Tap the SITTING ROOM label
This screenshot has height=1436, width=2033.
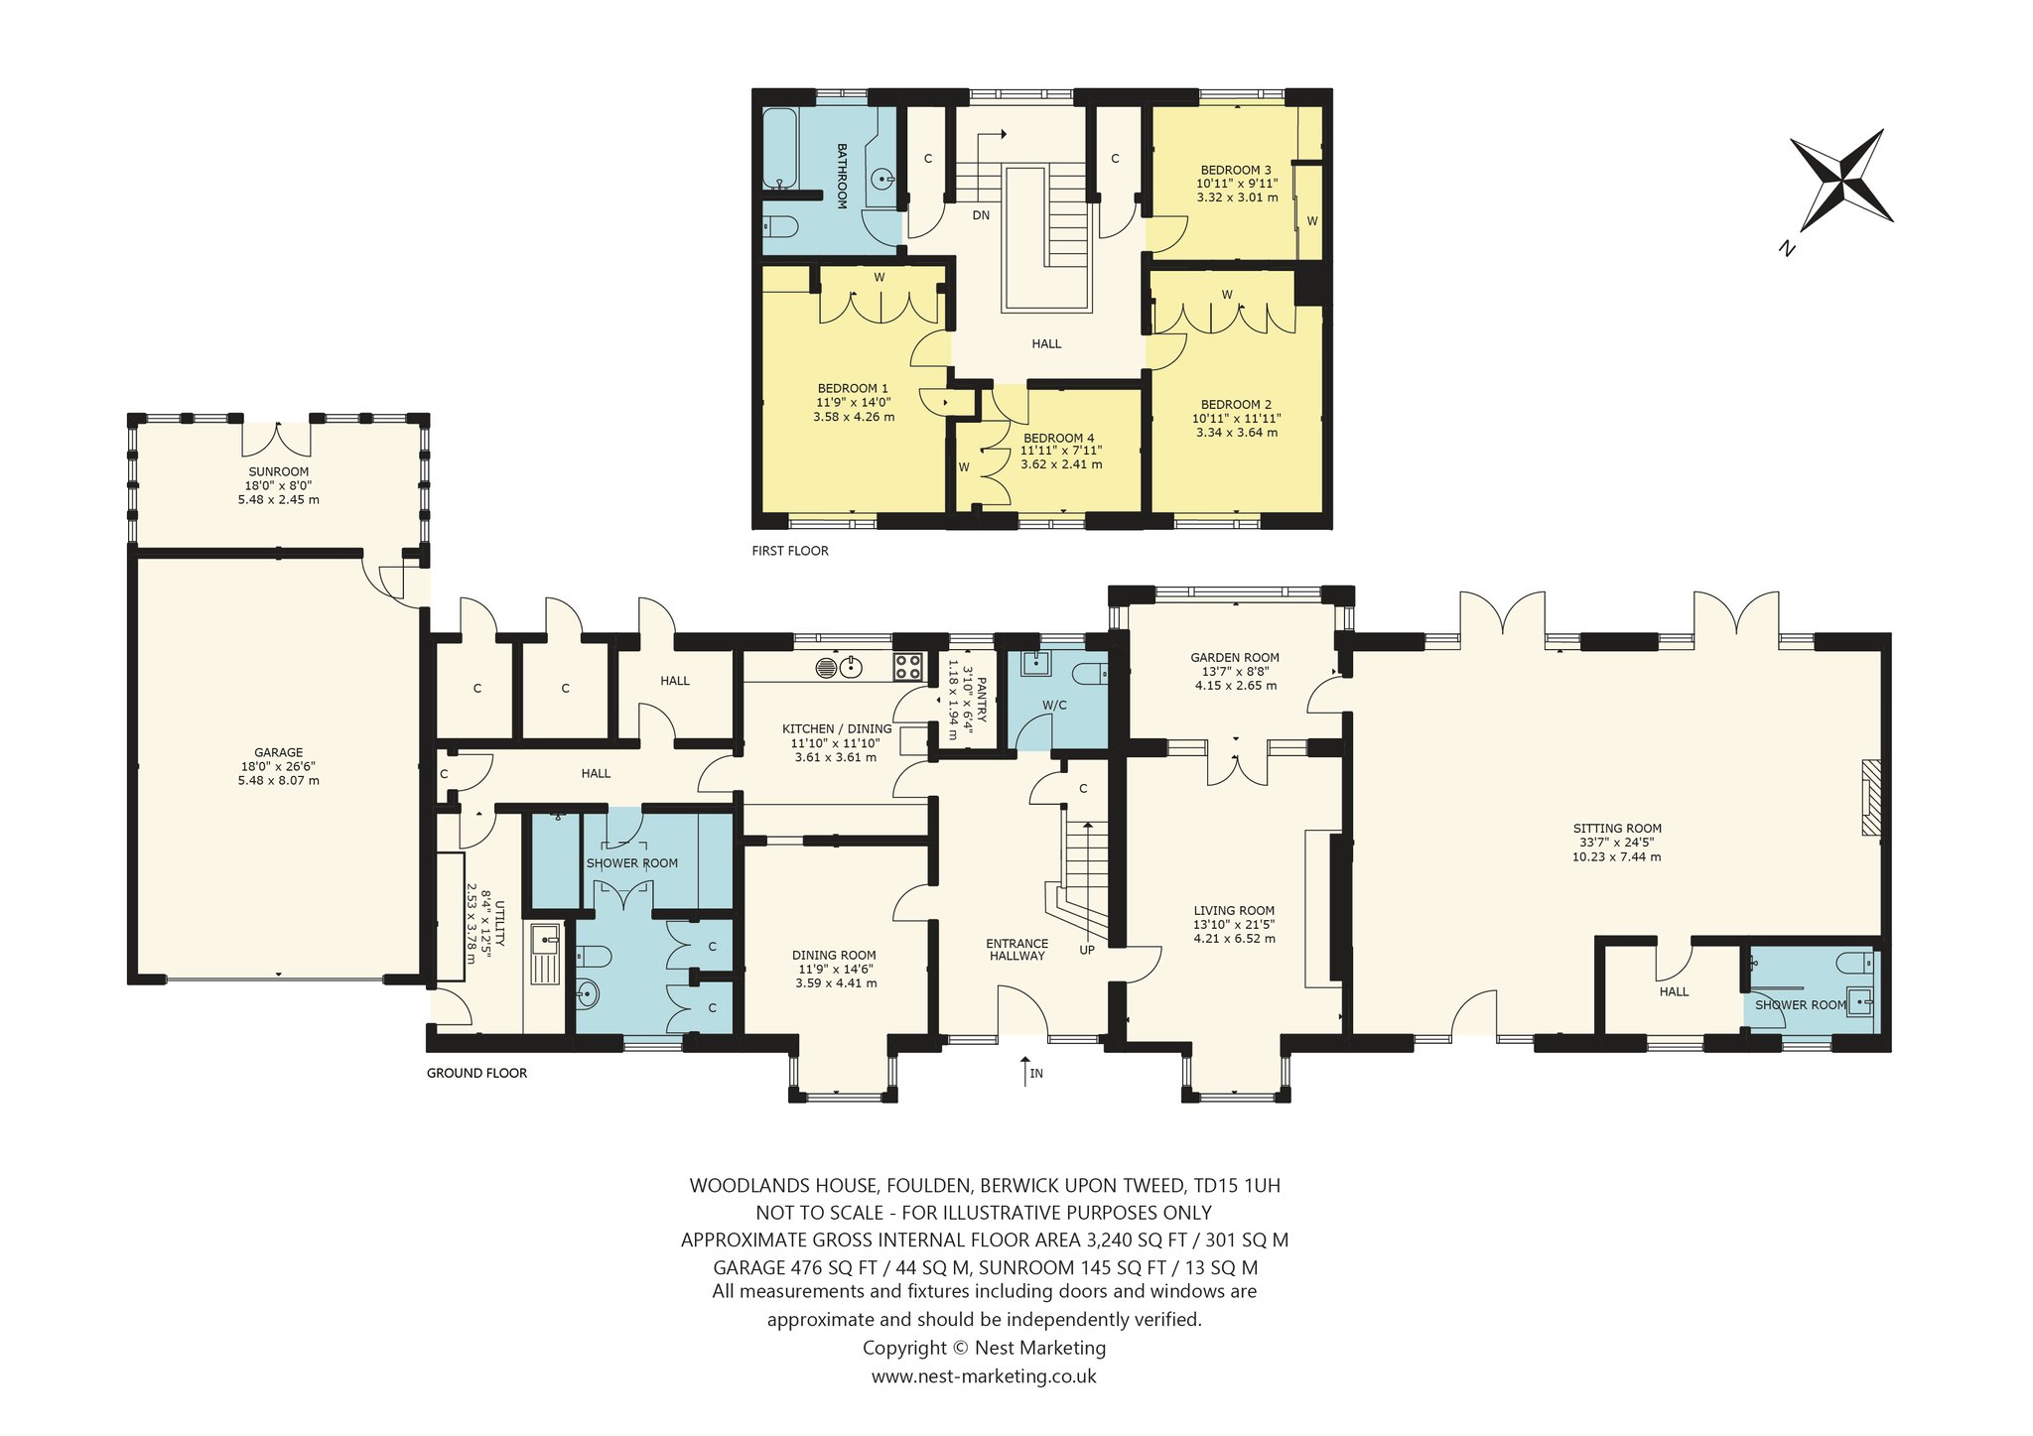coord(1617,829)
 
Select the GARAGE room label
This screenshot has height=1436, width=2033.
coord(279,752)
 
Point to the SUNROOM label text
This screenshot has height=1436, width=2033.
coord(279,471)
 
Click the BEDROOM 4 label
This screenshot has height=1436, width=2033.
coord(1059,438)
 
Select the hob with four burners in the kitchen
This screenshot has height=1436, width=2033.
coord(908,666)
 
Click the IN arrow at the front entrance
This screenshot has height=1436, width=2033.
coord(1024,1071)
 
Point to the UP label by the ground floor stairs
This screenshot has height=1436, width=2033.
coord(1087,950)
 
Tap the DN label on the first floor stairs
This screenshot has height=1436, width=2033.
coord(981,215)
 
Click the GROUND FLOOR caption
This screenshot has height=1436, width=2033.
coord(476,1073)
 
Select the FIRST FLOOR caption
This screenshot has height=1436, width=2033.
coord(790,551)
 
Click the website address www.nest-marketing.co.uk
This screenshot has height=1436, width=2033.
coord(984,1376)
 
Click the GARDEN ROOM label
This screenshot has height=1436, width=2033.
coord(1235,657)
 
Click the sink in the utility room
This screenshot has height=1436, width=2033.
coord(545,954)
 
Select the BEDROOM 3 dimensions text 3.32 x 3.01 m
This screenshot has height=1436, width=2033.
coord(1237,197)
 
